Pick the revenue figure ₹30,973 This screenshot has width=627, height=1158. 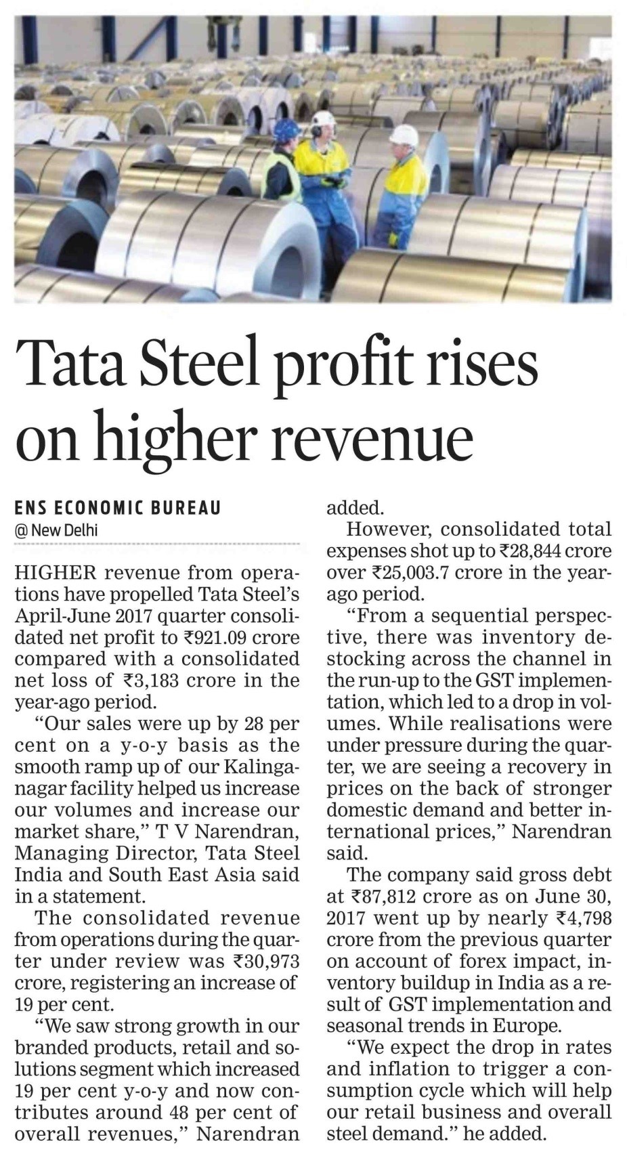click(x=265, y=961)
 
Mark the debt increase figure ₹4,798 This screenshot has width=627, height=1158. click(x=581, y=918)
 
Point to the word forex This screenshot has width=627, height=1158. click(x=508, y=962)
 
